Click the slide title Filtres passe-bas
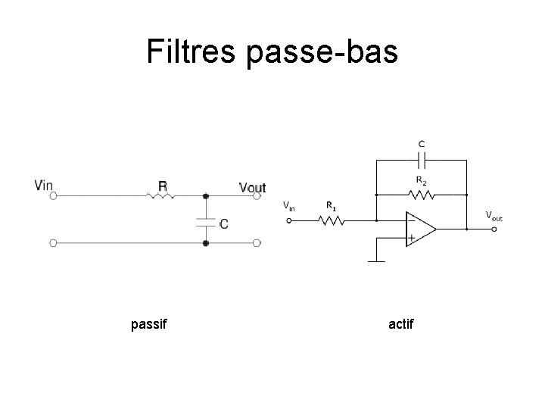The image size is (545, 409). (x=272, y=52)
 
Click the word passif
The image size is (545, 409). (x=148, y=325)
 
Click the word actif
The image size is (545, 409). (x=400, y=325)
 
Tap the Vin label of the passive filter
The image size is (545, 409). (x=44, y=185)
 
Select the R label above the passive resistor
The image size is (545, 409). (x=162, y=185)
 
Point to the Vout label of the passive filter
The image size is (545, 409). (x=252, y=186)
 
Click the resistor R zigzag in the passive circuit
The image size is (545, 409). (x=160, y=195)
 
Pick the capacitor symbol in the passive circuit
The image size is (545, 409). (x=205, y=222)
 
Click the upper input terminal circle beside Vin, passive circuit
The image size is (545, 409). (x=54, y=195)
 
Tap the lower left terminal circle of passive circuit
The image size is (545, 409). (x=54, y=243)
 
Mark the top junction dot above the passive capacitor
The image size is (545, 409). (x=205, y=195)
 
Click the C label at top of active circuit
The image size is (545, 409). (x=422, y=144)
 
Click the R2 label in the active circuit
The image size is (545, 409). (x=422, y=180)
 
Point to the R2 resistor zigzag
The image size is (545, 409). (x=422, y=195)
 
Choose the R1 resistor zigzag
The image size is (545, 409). (x=331, y=221)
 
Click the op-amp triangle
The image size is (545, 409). (x=420, y=228)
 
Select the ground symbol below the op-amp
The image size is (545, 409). (x=377, y=262)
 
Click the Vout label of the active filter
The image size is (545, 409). (x=494, y=217)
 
